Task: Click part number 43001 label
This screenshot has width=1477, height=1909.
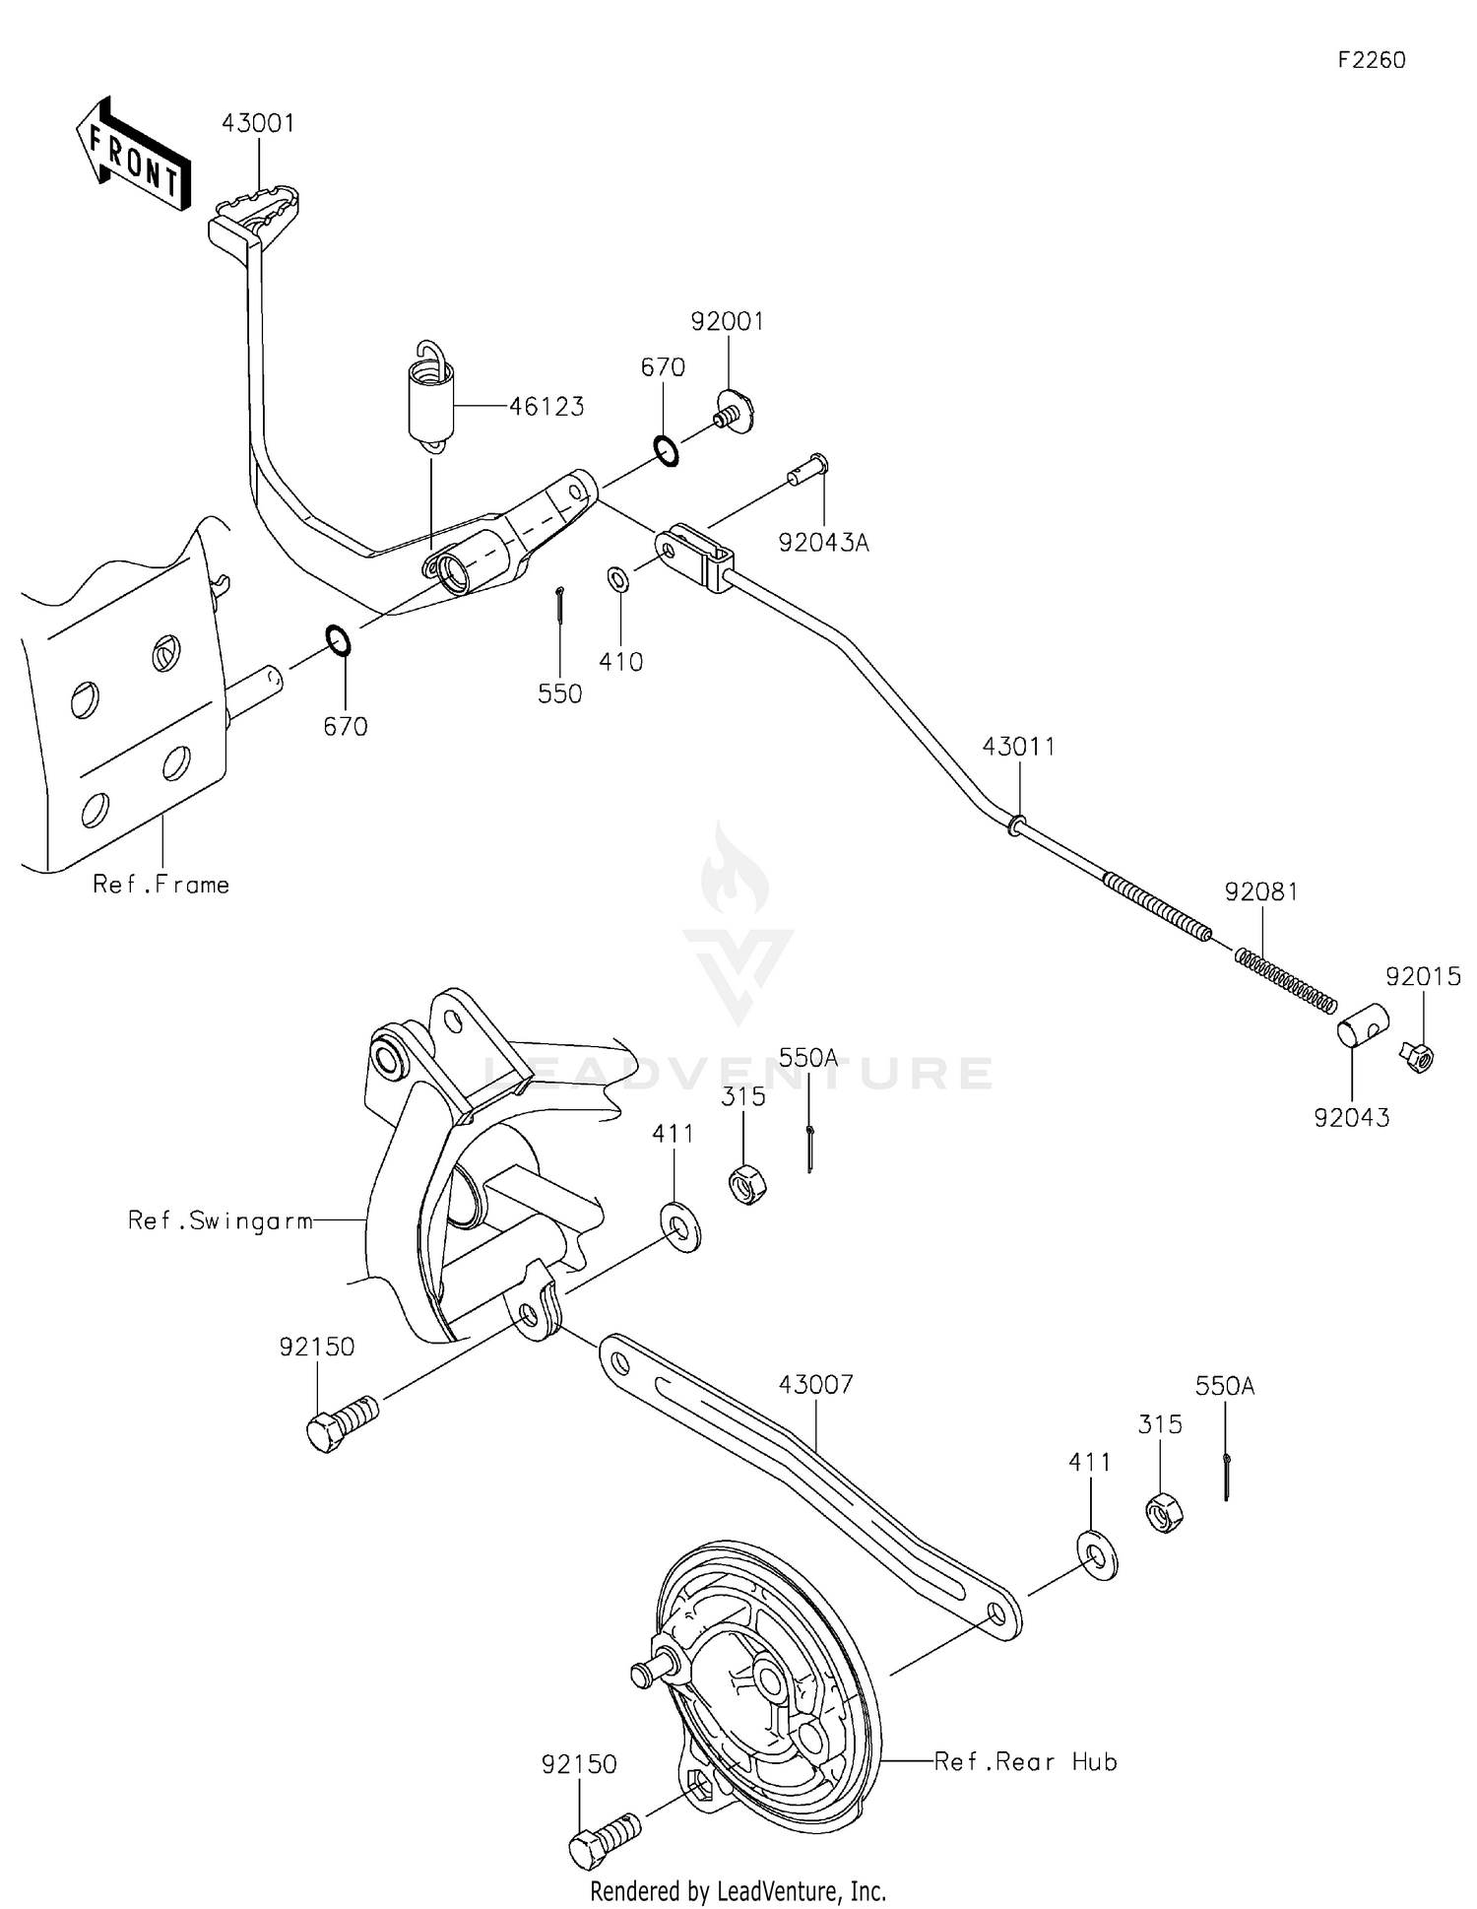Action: (x=258, y=124)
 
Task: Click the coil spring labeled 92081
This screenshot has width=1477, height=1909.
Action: (x=1286, y=978)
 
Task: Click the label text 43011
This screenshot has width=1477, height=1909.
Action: (x=1018, y=747)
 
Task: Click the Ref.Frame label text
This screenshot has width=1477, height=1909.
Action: (x=161, y=885)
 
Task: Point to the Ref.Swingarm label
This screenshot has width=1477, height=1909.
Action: (x=220, y=1220)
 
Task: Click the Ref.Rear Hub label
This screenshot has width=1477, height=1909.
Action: (x=1025, y=1761)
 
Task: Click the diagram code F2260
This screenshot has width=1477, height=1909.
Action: (x=1371, y=60)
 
